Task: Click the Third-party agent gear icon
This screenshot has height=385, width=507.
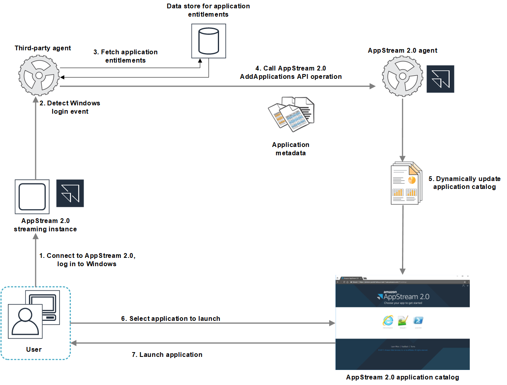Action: point(39,75)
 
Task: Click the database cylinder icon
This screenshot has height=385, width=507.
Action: point(208,41)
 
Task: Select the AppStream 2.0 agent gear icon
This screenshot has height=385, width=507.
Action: point(402,76)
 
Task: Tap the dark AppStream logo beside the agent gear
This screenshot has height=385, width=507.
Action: point(440,79)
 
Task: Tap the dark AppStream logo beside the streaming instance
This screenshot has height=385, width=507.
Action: point(70,193)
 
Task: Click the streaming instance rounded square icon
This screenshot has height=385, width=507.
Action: point(32,197)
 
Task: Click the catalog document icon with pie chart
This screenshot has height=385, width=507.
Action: point(406,183)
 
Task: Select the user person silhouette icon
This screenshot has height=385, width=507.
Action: point(25,321)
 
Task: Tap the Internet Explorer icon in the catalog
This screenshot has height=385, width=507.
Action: point(388,320)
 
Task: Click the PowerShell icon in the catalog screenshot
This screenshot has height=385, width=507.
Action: point(418,320)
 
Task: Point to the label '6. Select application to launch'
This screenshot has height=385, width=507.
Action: point(170,318)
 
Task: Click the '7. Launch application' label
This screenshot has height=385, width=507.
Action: point(167,355)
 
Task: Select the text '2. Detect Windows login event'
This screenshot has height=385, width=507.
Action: point(70,107)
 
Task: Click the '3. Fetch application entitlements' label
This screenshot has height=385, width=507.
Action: point(126,56)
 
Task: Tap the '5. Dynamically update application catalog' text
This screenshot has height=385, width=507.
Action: point(464,183)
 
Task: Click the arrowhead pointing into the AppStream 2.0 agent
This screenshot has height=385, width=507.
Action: point(372,86)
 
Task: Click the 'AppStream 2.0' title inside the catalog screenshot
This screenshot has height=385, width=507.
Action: point(406,297)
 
